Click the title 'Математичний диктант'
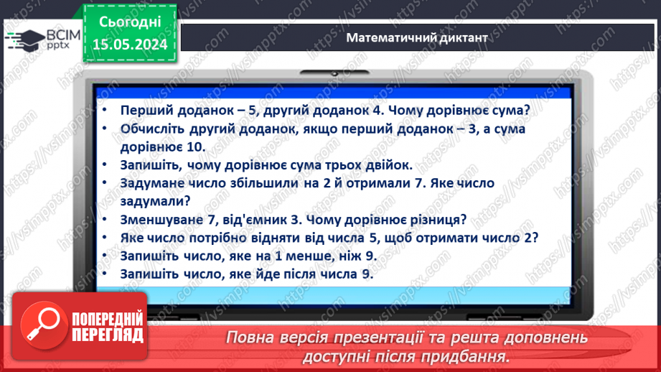coord(416,37)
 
